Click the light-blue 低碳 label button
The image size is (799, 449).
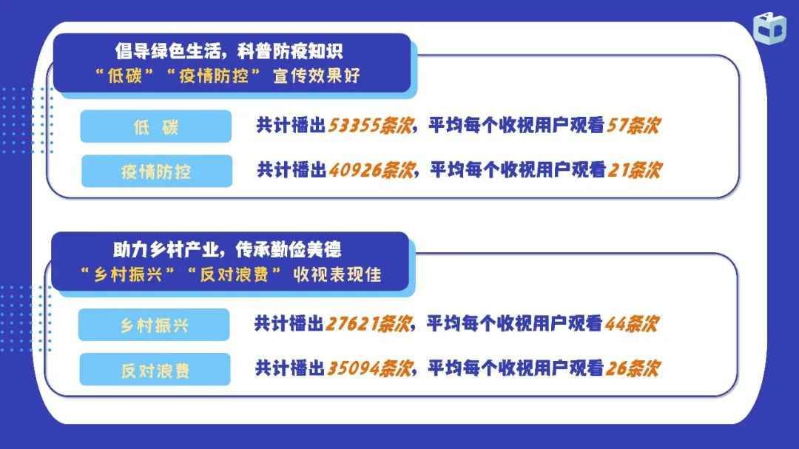[156, 126]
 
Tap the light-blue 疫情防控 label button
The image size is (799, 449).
[157, 172]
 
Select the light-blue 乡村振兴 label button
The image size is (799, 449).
[154, 325]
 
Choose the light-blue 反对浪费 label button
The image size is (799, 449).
[155, 369]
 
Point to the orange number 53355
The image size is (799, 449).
[353, 125]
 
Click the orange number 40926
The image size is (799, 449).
[354, 169]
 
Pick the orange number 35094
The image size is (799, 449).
[353, 368]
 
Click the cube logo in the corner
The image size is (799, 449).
[769, 28]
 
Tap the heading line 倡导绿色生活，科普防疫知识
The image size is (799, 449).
[229, 52]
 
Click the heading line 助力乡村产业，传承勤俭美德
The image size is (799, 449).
[227, 250]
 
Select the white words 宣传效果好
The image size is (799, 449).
[317, 76]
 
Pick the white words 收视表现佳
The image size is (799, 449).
[337, 274]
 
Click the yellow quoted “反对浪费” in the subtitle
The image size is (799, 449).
[234, 274]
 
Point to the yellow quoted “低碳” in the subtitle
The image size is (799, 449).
[124, 76]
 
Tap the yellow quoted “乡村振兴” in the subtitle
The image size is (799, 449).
[128, 274]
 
